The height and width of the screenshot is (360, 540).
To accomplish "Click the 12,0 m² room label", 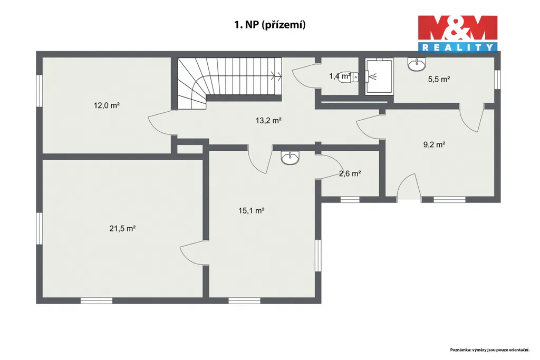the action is (x=107, y=105).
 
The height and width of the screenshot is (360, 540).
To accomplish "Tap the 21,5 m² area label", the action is (x=122, y=228).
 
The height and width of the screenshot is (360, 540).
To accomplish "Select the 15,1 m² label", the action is (x=252, y=210).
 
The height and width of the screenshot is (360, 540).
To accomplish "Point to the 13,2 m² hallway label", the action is (x=268, y=121).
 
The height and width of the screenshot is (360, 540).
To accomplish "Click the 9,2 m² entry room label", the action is (x=435, y=144).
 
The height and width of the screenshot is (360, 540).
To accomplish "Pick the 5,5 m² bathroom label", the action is (x=439, y=79).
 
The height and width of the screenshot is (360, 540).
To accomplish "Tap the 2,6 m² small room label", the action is (x=350, y=173).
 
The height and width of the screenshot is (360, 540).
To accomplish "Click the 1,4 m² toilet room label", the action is (x=340, y=76).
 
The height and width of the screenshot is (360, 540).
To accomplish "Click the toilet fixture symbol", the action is (x=349, y=78).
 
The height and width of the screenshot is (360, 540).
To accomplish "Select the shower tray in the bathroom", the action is (x=379, y=76).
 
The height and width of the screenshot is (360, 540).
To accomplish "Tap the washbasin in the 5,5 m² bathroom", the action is (x=417, y=64).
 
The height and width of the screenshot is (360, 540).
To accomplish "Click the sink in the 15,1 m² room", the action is (x=291, y=158).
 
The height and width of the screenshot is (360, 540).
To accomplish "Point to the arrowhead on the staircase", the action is (x=276, y=76).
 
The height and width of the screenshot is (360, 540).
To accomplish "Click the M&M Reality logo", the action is (x=458, y=33).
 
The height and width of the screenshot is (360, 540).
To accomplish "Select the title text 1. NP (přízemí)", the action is (x=270, y=25).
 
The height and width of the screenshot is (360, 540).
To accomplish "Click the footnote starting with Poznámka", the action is (x=490, y=349).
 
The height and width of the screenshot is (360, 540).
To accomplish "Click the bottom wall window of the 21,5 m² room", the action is (x=97, y=301).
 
